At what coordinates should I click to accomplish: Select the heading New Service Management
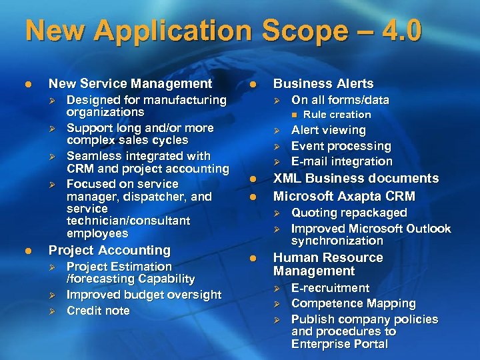(x=130, y=83)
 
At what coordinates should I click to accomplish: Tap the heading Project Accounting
(x=110, y=250)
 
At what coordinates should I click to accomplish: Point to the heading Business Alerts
(x=323, y=83)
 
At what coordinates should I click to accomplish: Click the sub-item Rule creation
(x=337, y=115)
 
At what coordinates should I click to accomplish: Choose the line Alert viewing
(x=329, y=130)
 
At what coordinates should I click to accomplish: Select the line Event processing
(x=341, y=145)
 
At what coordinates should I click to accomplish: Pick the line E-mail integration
(x=342, y=161)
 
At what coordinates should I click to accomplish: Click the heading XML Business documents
(x=356, y=178)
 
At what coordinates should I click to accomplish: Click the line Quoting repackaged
(x=349, y=213)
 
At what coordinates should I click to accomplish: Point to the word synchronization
(x=337, y=241)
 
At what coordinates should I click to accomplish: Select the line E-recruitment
(x=330, y=288)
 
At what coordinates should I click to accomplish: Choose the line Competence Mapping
(x=353, y=303)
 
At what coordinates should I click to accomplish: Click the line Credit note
(x=98, y=311)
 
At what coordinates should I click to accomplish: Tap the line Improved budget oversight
(x=144, y=295)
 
